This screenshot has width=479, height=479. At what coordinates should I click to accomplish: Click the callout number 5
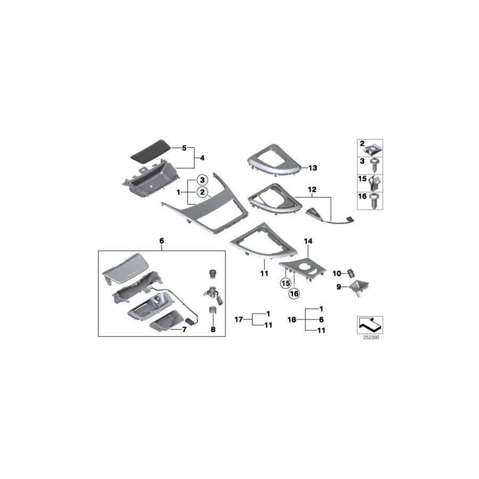click(185, 147)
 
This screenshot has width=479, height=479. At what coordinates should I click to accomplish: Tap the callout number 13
click(312, 168)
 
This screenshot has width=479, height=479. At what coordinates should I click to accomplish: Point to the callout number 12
click(312, 189)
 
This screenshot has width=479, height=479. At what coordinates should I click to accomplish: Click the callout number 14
click(308, 241)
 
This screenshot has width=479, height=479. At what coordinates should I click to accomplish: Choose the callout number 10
click(336, 273)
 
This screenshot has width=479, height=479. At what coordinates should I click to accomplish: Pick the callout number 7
click(185, 330)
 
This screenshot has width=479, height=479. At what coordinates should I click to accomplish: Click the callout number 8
click(213, 330)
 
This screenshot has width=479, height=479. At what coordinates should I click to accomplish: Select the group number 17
click(240, 319)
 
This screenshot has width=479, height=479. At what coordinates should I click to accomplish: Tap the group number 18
click(292, 319)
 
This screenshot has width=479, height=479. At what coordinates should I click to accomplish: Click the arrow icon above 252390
click(368, 323)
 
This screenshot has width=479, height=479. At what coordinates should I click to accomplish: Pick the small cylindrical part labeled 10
click(351, 273)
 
